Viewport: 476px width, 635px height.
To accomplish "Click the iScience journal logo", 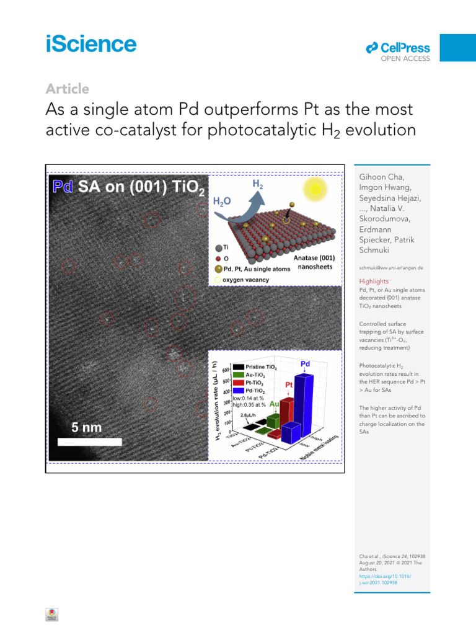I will point(90,44).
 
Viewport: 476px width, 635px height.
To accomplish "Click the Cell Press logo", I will point(398,48).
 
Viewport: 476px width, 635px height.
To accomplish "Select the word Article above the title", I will point(68,89).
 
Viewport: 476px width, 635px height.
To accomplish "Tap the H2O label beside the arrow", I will point(223,202).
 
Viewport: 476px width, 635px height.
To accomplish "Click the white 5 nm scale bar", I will point(89,442).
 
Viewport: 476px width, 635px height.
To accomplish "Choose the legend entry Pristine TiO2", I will point(261,367).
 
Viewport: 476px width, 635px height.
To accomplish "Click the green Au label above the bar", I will point(275,404).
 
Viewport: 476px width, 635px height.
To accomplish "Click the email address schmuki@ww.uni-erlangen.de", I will point(391,267).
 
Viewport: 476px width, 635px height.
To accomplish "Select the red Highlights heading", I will point(374,281).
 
